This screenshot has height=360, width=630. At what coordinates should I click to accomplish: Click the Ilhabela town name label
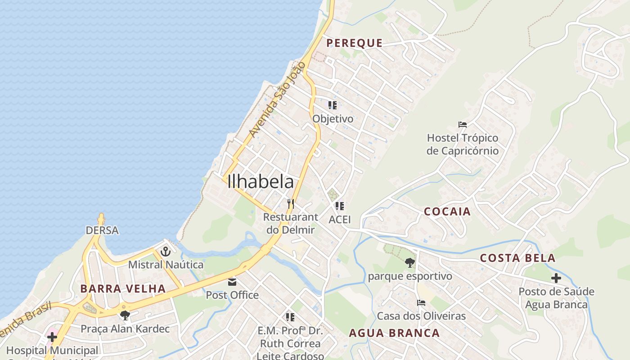(x=261, y=182)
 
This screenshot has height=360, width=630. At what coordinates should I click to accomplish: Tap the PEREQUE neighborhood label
(x=354, y=43)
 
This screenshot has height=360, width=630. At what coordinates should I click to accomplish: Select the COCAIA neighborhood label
(x=447, y=211)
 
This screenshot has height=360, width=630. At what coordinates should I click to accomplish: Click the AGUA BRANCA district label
(x=394, y=333)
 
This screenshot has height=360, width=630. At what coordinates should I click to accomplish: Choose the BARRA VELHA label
(x=123, y=288)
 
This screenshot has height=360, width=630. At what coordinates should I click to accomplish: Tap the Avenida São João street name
(x=277, y=100)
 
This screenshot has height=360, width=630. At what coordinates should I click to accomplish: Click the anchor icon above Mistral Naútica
(x=166, y=252)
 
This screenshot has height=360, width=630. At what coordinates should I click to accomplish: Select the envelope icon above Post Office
(x=232, y=282)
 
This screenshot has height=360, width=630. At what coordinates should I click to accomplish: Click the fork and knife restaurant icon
(x=291, y=204)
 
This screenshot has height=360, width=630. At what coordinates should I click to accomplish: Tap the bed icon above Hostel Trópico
(x=462, y=125)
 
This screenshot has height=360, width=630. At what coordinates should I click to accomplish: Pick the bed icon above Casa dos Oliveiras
(x=421, y=303)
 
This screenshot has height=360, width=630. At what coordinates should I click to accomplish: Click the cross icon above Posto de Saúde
(x=556, y=278)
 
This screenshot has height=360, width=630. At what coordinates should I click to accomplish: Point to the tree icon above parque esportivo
(x=409, y=263)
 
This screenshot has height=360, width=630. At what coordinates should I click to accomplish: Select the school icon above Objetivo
(x=333, y=105)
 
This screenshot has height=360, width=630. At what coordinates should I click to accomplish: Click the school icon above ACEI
(x=340, y=206)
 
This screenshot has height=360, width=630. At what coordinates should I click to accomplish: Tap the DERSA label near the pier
(x=102, y=230)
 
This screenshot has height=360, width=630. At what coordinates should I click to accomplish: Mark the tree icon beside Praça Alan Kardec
(x=125, y=315)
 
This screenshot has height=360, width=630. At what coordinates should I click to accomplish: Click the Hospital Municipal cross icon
(x=52, y=337)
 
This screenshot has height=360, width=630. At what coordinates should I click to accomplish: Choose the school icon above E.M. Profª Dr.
(x=290, y=317)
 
